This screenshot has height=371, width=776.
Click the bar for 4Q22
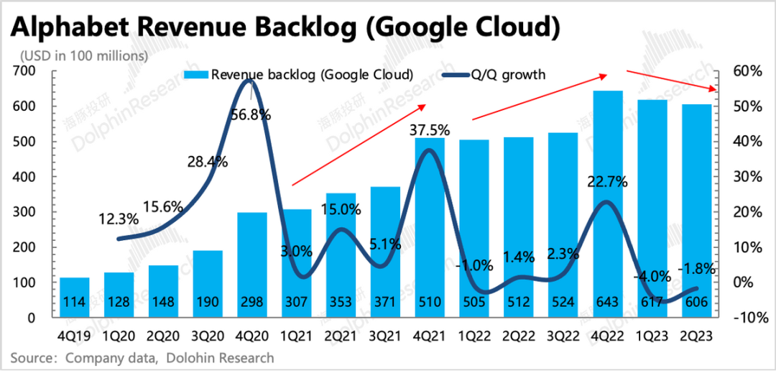click(607, 209)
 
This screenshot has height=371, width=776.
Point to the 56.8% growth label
click(250, 115)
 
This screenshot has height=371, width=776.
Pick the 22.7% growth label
click(608, 182)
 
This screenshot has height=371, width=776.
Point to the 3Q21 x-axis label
click(384, 336)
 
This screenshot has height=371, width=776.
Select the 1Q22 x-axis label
click(474, 336)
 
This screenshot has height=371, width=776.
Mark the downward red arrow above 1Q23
click(672, 80)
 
